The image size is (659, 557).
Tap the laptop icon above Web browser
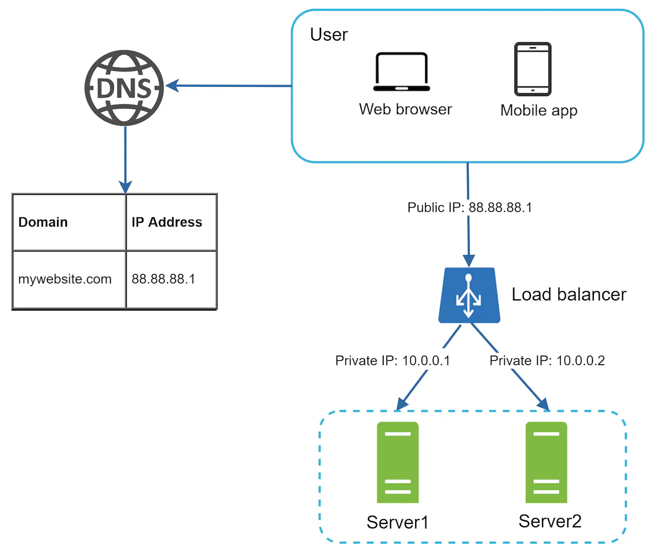click(x=401, y=72)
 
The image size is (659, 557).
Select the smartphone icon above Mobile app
click(x=532, y=69)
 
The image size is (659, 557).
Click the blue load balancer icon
click(x=469, y=296)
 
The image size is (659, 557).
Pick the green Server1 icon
click(x=398, y=463)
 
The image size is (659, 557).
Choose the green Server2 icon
click(x=546, y=463)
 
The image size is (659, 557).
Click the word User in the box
click(x=328, y=35)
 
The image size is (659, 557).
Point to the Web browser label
click(x=405, y=109)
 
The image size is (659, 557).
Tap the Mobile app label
click(x=539, y=110)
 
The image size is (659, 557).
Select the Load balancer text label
click(x=568, y=294)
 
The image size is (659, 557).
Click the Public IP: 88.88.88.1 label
click(x=470, y=208)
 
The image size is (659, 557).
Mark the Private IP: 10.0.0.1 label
click(x=393, y=361)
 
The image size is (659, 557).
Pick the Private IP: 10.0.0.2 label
click(x=547, y=361)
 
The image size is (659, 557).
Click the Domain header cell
click(x=69, y=222)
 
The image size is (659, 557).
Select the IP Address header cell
click(x=171, y=222)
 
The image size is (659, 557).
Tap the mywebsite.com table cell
click(x=69, y=279)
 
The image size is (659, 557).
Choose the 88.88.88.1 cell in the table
click(x=171, y=279)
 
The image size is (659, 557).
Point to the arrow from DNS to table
click(x=125, y=159)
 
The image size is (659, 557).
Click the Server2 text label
click(x=550, y=521)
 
